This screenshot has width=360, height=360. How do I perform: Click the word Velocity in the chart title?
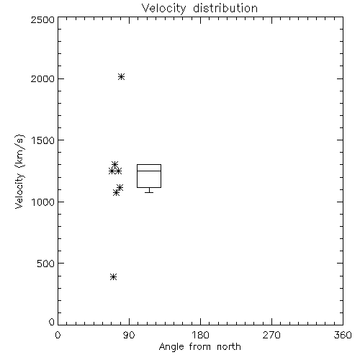point(163,9)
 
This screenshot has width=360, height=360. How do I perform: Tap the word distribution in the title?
point(225,8)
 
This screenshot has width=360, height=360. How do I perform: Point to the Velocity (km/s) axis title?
point(19,172)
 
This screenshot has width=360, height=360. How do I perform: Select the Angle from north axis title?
point(200,346)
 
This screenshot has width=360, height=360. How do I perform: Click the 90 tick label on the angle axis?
point(130,335)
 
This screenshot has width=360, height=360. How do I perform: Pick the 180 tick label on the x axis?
point(200,335)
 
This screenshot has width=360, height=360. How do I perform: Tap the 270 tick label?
point(271,335)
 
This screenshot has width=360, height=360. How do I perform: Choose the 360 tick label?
point(343,335)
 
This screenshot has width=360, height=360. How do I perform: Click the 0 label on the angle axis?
point(58,335)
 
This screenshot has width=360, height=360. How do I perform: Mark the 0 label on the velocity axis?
point(52,322)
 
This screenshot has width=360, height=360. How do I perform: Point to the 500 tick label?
point(46,264)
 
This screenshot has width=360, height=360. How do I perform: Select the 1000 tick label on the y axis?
point(43,202)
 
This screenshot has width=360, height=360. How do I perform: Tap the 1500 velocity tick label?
point(43,140)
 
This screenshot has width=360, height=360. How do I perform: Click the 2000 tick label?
point(43,78)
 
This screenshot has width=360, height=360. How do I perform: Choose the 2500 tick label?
point(43,19)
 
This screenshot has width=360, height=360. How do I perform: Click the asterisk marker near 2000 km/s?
point(121,77)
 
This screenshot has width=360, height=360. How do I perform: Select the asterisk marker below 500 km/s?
point(114,276)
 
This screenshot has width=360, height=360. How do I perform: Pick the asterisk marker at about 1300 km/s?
point(114,165)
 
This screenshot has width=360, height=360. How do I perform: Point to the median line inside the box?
point(149,171)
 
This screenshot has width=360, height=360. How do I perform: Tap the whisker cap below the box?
point(149,192)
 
